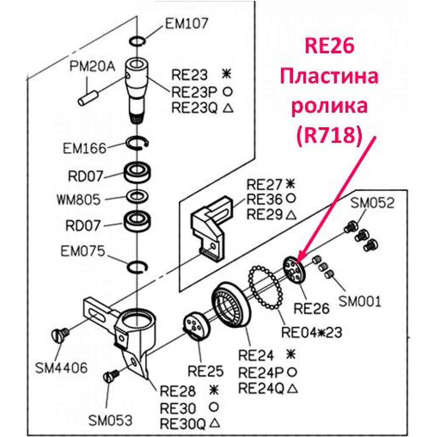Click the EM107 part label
(187, 23)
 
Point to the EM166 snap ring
(137, 143)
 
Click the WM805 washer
(137, 197)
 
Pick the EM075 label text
(83, 251)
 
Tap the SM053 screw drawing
(111, 376)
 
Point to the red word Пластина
(329, 76)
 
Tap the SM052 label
(372, 203)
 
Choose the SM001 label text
(360, 301)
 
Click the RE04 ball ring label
(312, 332)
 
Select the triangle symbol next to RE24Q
(291, 388)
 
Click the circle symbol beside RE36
(291, 198)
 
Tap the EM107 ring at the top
(137, 41)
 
